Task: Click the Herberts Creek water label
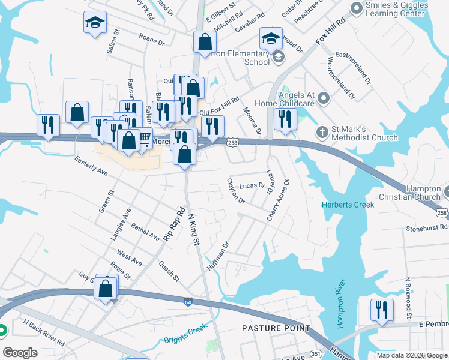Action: point(348,205)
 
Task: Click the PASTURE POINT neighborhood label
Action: point(276,328)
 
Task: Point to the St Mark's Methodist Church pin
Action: point(322,132)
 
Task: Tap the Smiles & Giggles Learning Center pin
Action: point(356,8)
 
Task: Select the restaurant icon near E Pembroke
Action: point(382,310)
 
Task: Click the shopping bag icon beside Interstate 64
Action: point(106,289)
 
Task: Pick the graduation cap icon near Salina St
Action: point(95,23)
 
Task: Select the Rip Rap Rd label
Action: point(174,224)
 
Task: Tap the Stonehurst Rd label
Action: point(427,228)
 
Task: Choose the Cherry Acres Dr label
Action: point(278,200)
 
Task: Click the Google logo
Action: point(20,353)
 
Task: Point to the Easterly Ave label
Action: point(91,165)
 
